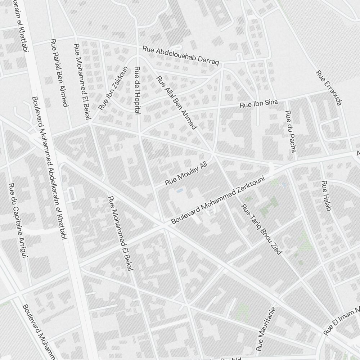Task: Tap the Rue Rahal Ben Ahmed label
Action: (59, 73)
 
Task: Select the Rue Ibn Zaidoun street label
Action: (113, 88)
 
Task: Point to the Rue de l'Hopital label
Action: (137, 90)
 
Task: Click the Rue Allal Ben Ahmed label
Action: (176, 103)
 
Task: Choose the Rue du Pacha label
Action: (290, 131)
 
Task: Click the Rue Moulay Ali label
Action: (186, 174)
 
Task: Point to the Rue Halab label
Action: (326, 195)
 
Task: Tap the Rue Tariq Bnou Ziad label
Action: (261, 229)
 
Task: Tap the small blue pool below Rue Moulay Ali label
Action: (180, 189)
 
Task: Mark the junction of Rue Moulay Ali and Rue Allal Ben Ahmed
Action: (213, 155)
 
